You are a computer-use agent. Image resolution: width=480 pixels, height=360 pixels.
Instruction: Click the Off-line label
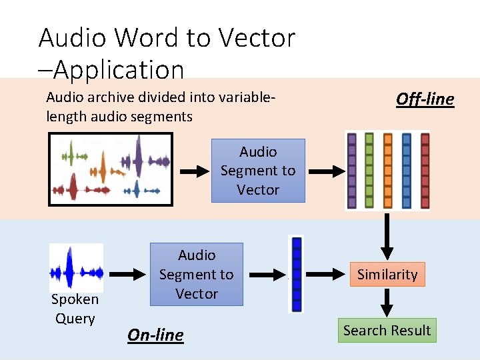coord(425,99)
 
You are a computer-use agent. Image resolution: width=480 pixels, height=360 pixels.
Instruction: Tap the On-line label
coord(155,335)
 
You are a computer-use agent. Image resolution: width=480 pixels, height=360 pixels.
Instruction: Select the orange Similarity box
coord(387,274)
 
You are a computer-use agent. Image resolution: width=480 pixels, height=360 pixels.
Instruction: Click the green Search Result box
coord(387,330)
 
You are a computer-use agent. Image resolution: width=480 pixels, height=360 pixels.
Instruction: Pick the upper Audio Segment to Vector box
coord(258,171)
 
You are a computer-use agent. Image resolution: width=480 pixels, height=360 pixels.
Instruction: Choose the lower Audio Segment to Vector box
coord(197,274)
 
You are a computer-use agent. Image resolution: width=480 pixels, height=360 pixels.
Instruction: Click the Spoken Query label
coord(75,309)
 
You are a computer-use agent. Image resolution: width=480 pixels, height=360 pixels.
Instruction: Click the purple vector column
coord(352,171)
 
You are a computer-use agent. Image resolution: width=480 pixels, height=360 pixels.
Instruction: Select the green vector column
coord(369,171)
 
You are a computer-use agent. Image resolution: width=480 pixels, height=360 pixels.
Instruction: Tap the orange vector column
coord(388,171)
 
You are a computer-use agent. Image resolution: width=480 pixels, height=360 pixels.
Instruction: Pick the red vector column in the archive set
coord(425,171)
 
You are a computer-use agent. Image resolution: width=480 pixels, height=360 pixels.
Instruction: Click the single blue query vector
coord(297,274)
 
